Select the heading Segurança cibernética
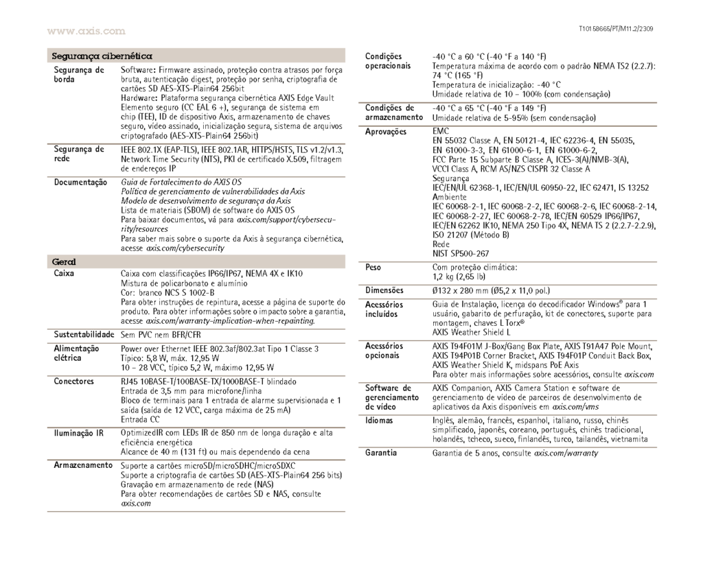pos(102,55)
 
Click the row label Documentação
pos(80,182)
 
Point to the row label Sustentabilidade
pos(83,334)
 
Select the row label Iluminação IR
pos(79,432)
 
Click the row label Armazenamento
pos(83,465)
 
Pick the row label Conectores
pos(73,379)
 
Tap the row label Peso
pos(373,266)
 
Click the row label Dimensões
pos(384,290)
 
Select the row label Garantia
pos(381,453)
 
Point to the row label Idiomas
pos(379,420)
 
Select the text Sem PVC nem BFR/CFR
pos(158,334)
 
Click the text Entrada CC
pos(140,419)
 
